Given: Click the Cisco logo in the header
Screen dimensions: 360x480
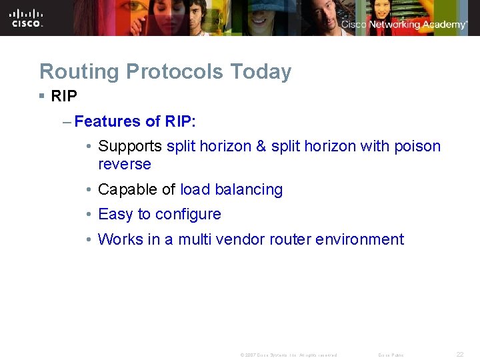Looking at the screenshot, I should tap(27, 18).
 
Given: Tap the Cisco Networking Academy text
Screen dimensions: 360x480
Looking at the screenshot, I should tap(404, 25).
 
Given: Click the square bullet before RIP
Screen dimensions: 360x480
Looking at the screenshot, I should tap(42, 96).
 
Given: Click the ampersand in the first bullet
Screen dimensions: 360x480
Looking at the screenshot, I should tap(261, 146).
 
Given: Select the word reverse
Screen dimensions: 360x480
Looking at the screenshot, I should tap(125, 164).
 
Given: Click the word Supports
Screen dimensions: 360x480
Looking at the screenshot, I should tap(130, 146).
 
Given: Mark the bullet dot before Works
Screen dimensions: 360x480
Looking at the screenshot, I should tap(89, 239).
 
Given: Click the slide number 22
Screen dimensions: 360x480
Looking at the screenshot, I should tap(459, 354).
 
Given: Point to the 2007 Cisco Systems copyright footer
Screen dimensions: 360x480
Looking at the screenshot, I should tap(288, 355).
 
